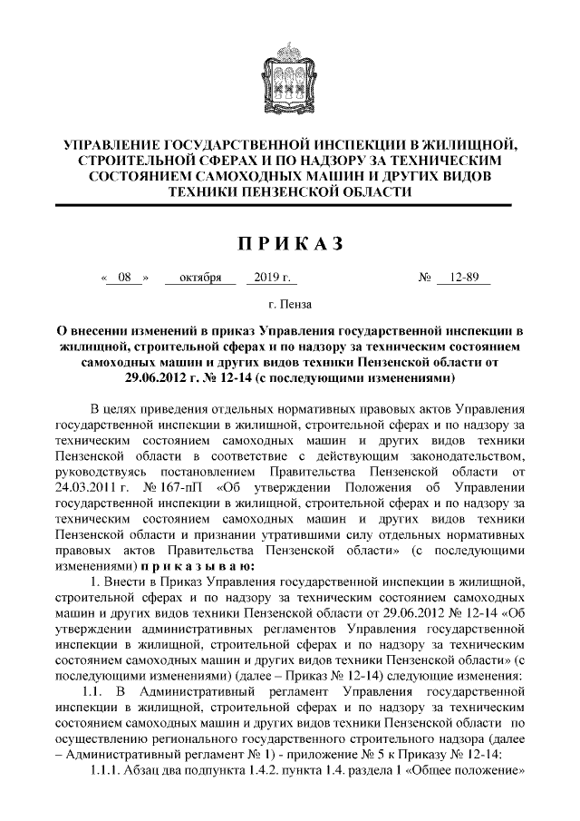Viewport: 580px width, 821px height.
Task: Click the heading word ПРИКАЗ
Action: click(290, 243)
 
